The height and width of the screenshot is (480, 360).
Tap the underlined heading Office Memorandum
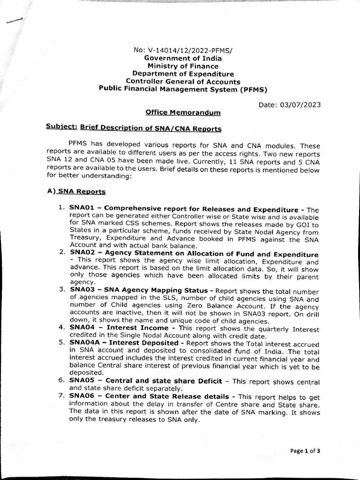click(x=176, y=112)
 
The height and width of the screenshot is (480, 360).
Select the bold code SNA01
click(x=81, y=209)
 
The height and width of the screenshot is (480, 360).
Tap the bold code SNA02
click(x=81, y=254)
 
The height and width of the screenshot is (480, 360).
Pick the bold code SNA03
click(x=81, y=290)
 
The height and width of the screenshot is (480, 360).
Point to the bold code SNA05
click(x=81, y=380)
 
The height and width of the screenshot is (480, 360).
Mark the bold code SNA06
click(x=81, y=397)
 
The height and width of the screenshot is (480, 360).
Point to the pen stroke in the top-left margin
click(x=15, y=20)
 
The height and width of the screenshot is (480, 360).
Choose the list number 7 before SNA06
click(x=61, y=397)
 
